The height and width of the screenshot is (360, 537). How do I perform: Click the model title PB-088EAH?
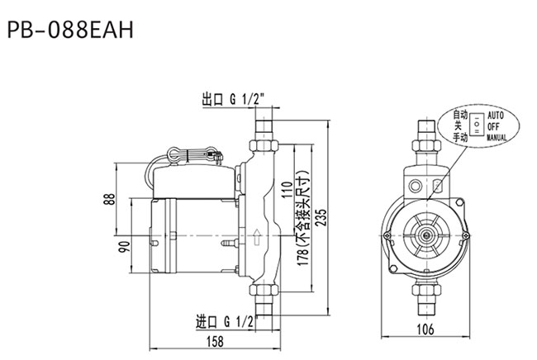coord(70,30)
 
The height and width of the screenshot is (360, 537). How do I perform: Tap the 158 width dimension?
coord(215,342)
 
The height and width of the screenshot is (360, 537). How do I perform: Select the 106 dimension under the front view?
coord(425,329)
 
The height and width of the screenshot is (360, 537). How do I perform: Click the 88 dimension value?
coord(109,199)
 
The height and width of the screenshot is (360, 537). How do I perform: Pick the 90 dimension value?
coord(124,247)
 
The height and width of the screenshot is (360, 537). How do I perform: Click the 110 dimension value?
coord(287,189)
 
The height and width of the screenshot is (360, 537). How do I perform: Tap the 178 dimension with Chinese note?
coord(302,218)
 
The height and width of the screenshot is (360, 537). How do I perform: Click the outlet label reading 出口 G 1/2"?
coord(234,100)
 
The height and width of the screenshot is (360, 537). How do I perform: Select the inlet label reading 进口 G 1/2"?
coord(226,322)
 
